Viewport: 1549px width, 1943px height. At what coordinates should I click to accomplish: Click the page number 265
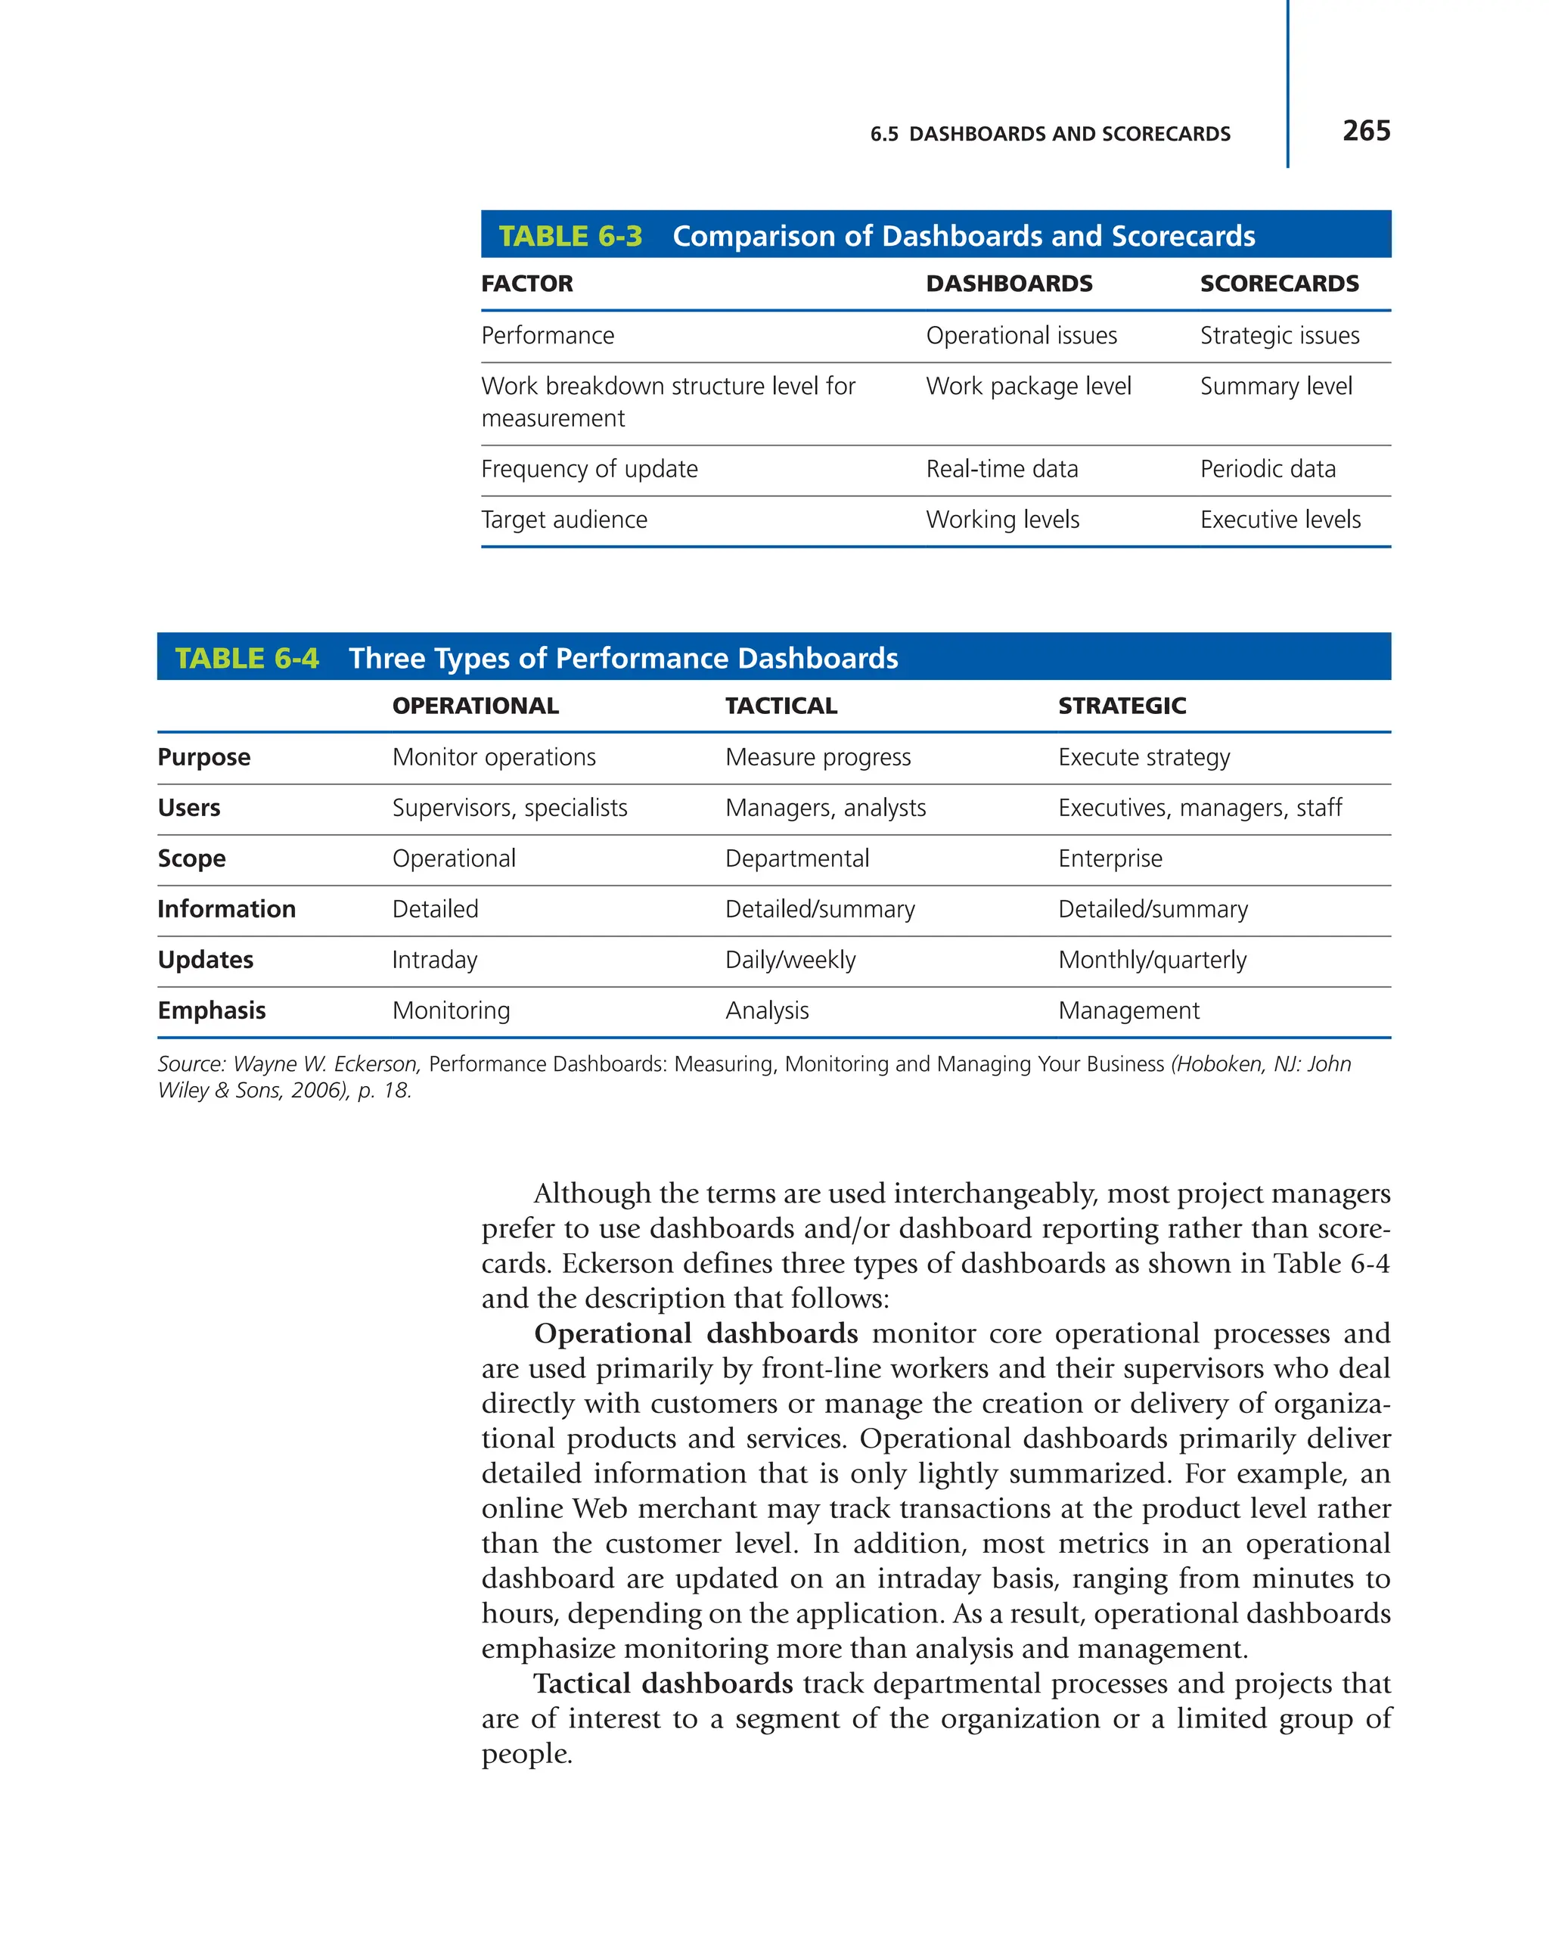tap(1365, 131)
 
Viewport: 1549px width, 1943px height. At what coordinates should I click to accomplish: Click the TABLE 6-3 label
tap(570, 236)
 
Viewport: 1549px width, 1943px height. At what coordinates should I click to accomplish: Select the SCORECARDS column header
tap(1279, 284)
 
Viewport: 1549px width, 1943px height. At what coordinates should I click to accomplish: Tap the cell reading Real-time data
tap(1001, 470)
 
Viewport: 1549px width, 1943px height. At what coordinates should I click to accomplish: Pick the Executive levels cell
tap(1280, 520)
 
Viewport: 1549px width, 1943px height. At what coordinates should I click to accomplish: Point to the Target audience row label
tap(564, 520)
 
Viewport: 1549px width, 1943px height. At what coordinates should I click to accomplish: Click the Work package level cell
tap(1028, 386)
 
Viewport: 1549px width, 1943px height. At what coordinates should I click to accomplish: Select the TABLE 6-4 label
tap(246, 659)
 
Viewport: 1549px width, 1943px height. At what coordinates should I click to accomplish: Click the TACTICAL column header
tap(781, 706)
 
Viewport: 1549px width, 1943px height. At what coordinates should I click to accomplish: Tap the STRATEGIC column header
tap(1121, 706)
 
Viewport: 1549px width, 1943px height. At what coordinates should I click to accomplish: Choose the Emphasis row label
tap(211, 1011)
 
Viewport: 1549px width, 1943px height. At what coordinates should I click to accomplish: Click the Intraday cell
tap(434, 961)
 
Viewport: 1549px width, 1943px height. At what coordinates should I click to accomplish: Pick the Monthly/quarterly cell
tap(1152, 961)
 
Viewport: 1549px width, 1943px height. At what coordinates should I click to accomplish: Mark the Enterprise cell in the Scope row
tap(1110, 859)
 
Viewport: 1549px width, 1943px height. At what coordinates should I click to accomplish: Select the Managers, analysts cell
tap(824, 809)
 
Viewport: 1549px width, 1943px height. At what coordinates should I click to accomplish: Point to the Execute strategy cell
tap(1144, 758)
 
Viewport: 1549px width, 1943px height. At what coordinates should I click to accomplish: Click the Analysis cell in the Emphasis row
tap(767, 1011)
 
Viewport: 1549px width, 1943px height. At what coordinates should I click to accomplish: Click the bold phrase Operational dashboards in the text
tap(696, 1334)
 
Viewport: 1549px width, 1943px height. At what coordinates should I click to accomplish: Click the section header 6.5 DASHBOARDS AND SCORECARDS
tap(1050, 135)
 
